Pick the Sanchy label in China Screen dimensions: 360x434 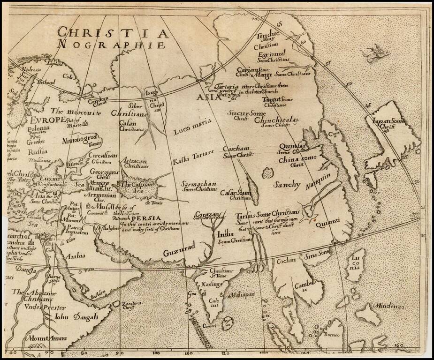point(287,184)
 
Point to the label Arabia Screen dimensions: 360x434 point(75,256)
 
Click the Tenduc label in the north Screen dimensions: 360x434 point(267,36)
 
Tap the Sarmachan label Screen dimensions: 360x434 point(199,184)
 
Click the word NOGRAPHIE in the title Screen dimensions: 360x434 point(111,45)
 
